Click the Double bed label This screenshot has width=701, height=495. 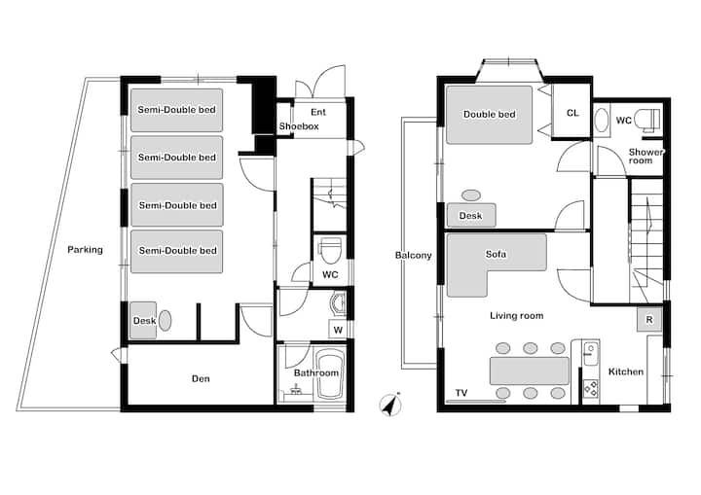tap(489, 114)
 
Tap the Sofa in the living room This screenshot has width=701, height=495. tap(495, 255)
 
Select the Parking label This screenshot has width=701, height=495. tap(85, 250)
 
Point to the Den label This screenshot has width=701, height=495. tap(200, 378)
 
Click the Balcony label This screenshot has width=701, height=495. tap(413, 256)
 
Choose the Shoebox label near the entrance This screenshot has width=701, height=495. tap(298, 127)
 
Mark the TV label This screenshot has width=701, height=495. tap(461, 394)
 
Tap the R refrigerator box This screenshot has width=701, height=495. tap(648, 319)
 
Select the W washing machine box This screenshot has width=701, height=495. tap(337, 330)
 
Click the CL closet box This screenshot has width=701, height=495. tap(572, 114)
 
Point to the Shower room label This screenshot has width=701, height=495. tap(646, 157)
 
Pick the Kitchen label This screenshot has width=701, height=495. tap(625, 371)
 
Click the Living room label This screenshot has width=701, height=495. tap(516, 315)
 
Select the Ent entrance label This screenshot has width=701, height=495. tap(318, 113)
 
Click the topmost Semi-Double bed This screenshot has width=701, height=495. tap(176, 110)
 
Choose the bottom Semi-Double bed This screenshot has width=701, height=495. tap(176, 251)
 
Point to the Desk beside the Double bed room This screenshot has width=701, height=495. tap(471, 215)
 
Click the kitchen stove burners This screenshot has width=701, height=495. tap(589, 388)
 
